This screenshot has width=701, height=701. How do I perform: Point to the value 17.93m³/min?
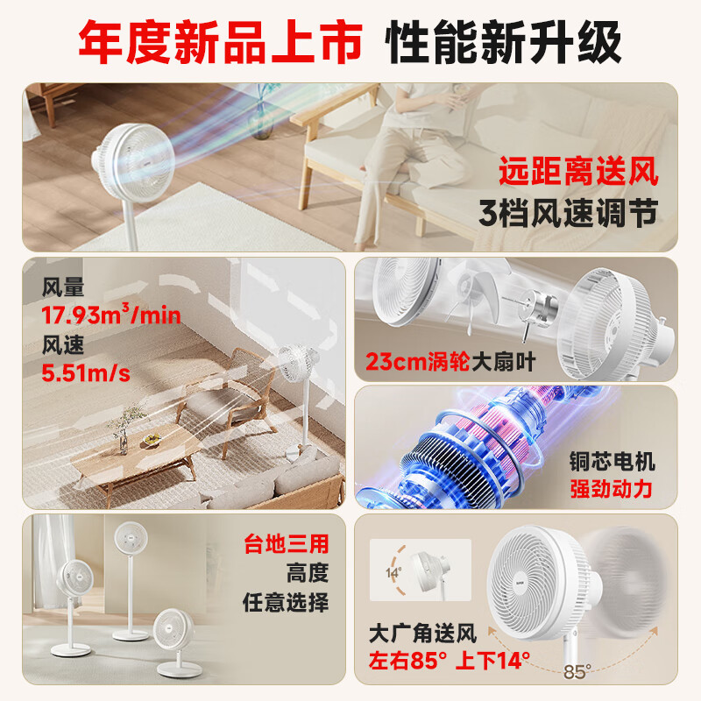point(111,315)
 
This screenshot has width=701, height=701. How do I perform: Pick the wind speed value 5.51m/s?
point(86,374)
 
